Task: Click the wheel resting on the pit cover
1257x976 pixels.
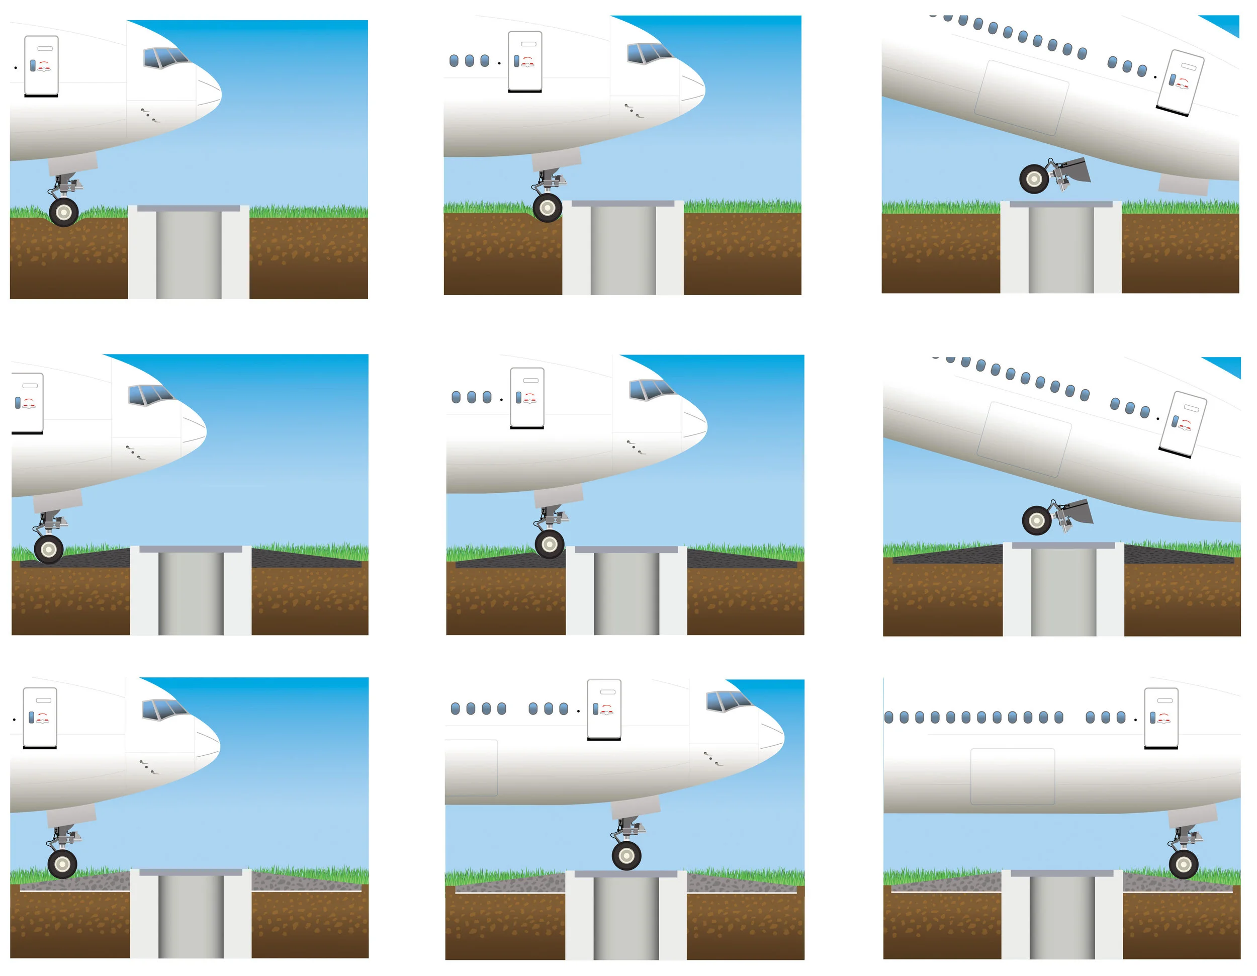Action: [x=626, y=856]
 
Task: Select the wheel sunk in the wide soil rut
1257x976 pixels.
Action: [x=63, y=212]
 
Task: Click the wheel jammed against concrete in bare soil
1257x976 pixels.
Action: [x=547, y=207]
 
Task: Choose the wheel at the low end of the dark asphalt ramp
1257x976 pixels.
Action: [x=48, y=549]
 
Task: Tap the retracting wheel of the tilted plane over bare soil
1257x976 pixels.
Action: [x=1034, y=179]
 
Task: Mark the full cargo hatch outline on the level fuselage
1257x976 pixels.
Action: [x=1013, y=776]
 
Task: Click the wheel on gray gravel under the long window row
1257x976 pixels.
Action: [x=1183, y=864]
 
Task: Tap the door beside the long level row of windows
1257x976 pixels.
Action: [x=1161, y=717]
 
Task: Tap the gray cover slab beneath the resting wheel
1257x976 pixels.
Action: [x=625, y=873]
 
